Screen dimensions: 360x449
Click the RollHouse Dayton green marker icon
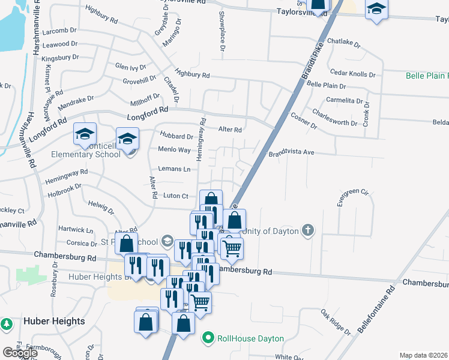[208, 338]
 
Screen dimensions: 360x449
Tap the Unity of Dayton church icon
[308, 231]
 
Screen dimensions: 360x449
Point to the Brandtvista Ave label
[291, 152]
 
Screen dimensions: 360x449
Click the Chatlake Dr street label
[344, 44]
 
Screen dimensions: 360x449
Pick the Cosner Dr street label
[303, 120]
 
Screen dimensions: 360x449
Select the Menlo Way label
[174, 149]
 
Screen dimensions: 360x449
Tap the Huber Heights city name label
[54, 321]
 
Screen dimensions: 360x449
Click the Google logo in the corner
[20, 352]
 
